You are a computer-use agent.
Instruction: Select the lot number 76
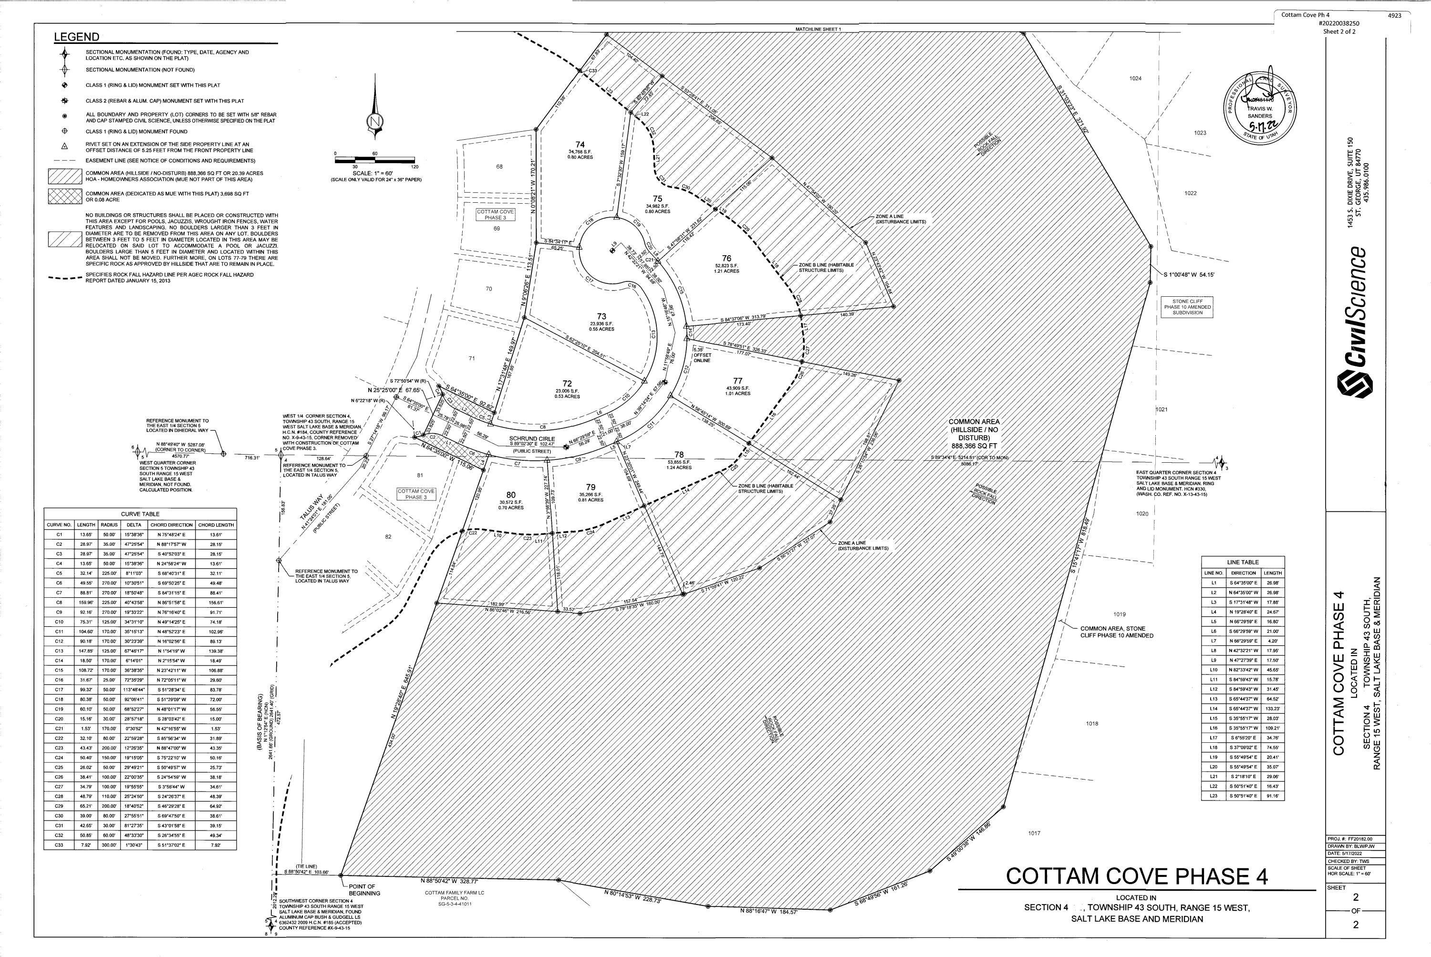[x=726, y=258]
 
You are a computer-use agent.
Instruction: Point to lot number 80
[x=511, y=496]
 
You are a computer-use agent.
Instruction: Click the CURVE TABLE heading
[x=140, y=514]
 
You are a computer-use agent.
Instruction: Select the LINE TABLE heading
[x=1243, y=562]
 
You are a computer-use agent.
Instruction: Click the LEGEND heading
[x=77, y=37]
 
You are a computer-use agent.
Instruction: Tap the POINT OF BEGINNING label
[x=363, y=889]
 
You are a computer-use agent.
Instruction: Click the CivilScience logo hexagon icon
[x=1354, y=386]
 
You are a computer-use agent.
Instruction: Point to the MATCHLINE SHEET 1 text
[x=818, y=29]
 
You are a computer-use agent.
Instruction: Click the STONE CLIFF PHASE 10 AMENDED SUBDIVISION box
[x=1187, y=306]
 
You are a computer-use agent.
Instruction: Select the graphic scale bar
[x=375, y=160]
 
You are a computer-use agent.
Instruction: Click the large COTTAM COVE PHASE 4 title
[x=1136, y=876]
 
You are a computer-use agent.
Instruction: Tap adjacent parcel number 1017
[x=1034, y=832]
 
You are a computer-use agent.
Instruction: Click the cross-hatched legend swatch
[x=65, y=196]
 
